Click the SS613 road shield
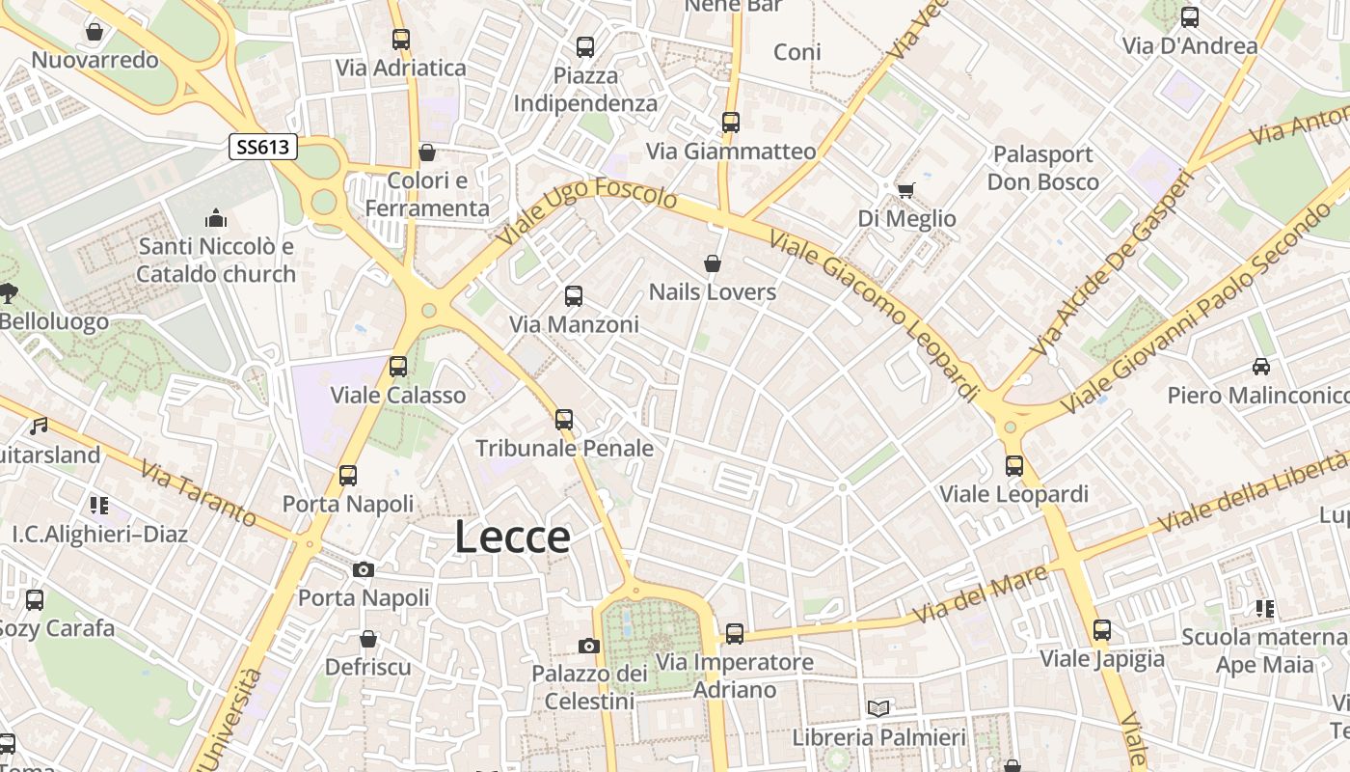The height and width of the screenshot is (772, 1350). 263,147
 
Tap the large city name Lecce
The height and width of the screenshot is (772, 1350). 512,538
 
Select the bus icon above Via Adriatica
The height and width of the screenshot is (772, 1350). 401,40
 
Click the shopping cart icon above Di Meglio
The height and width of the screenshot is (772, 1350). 905,190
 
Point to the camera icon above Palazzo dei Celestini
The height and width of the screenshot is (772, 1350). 589,646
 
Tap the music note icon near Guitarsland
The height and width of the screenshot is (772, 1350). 39,426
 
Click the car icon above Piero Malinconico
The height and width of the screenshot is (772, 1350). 1260,367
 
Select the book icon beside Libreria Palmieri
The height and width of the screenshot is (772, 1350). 878,709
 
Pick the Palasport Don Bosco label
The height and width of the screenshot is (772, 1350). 1042,168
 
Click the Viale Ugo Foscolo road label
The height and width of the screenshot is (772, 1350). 588,210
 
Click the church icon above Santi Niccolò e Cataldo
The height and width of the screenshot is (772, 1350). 216,218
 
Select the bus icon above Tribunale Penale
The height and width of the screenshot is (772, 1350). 564,420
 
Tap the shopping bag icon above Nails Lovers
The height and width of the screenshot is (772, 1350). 713,263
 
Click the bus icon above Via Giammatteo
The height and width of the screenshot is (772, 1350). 731,123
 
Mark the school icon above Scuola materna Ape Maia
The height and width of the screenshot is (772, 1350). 1264,609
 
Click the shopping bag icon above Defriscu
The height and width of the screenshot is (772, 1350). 367,639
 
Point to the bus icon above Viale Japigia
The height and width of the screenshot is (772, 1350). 1102,630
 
